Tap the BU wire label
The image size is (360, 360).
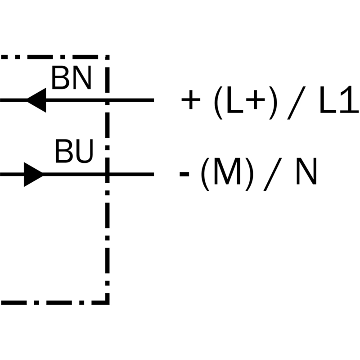(x=74, y=152)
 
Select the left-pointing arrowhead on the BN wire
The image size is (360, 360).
(x=37, y=100)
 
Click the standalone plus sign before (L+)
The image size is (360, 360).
(x=190, y=101)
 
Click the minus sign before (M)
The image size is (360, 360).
(x=184, y=175)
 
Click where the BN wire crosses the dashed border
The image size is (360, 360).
(x=108, y=100)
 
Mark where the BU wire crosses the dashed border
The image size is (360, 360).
(x=108, y=174)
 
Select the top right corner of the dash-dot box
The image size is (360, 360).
(x=108, y=57)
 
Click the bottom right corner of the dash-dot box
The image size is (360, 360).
(x=108, y=301)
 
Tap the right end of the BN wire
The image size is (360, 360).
(x=153, y=100)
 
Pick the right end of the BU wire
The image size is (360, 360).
(x=153, y=174)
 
